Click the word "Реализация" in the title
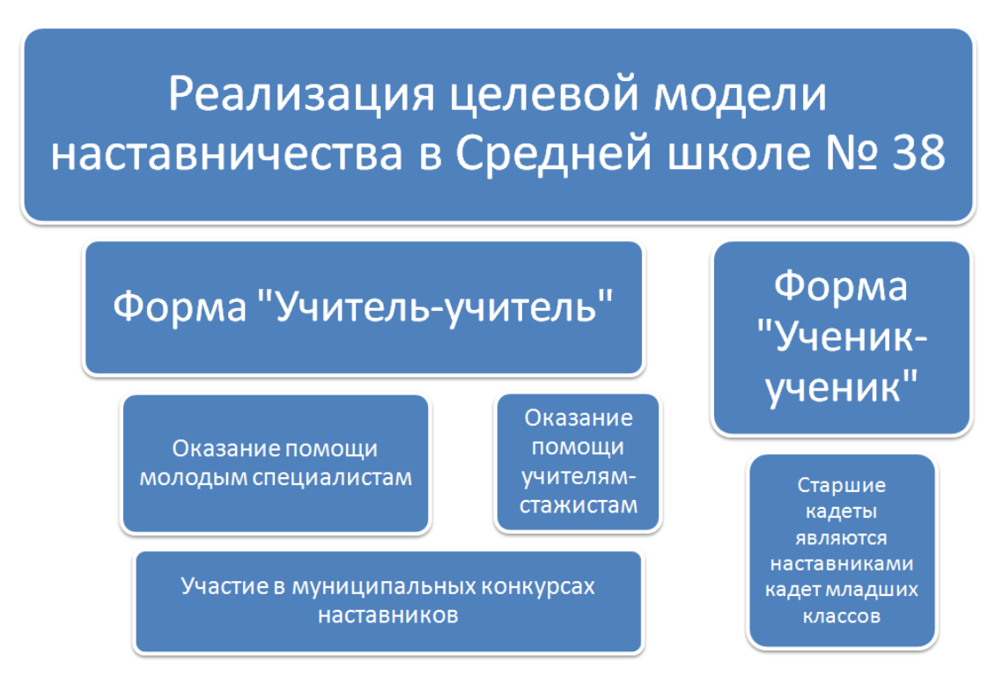(x=301, y=94)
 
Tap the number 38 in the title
(x=918, y=153)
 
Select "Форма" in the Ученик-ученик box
(x=840, y=287)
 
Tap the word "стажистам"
(x=579, y=505)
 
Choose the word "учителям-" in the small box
(x=579, y=477)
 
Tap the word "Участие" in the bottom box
(x=225, y=586)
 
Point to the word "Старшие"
(x=841, y=486)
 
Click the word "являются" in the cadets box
(x=841, y=538)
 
